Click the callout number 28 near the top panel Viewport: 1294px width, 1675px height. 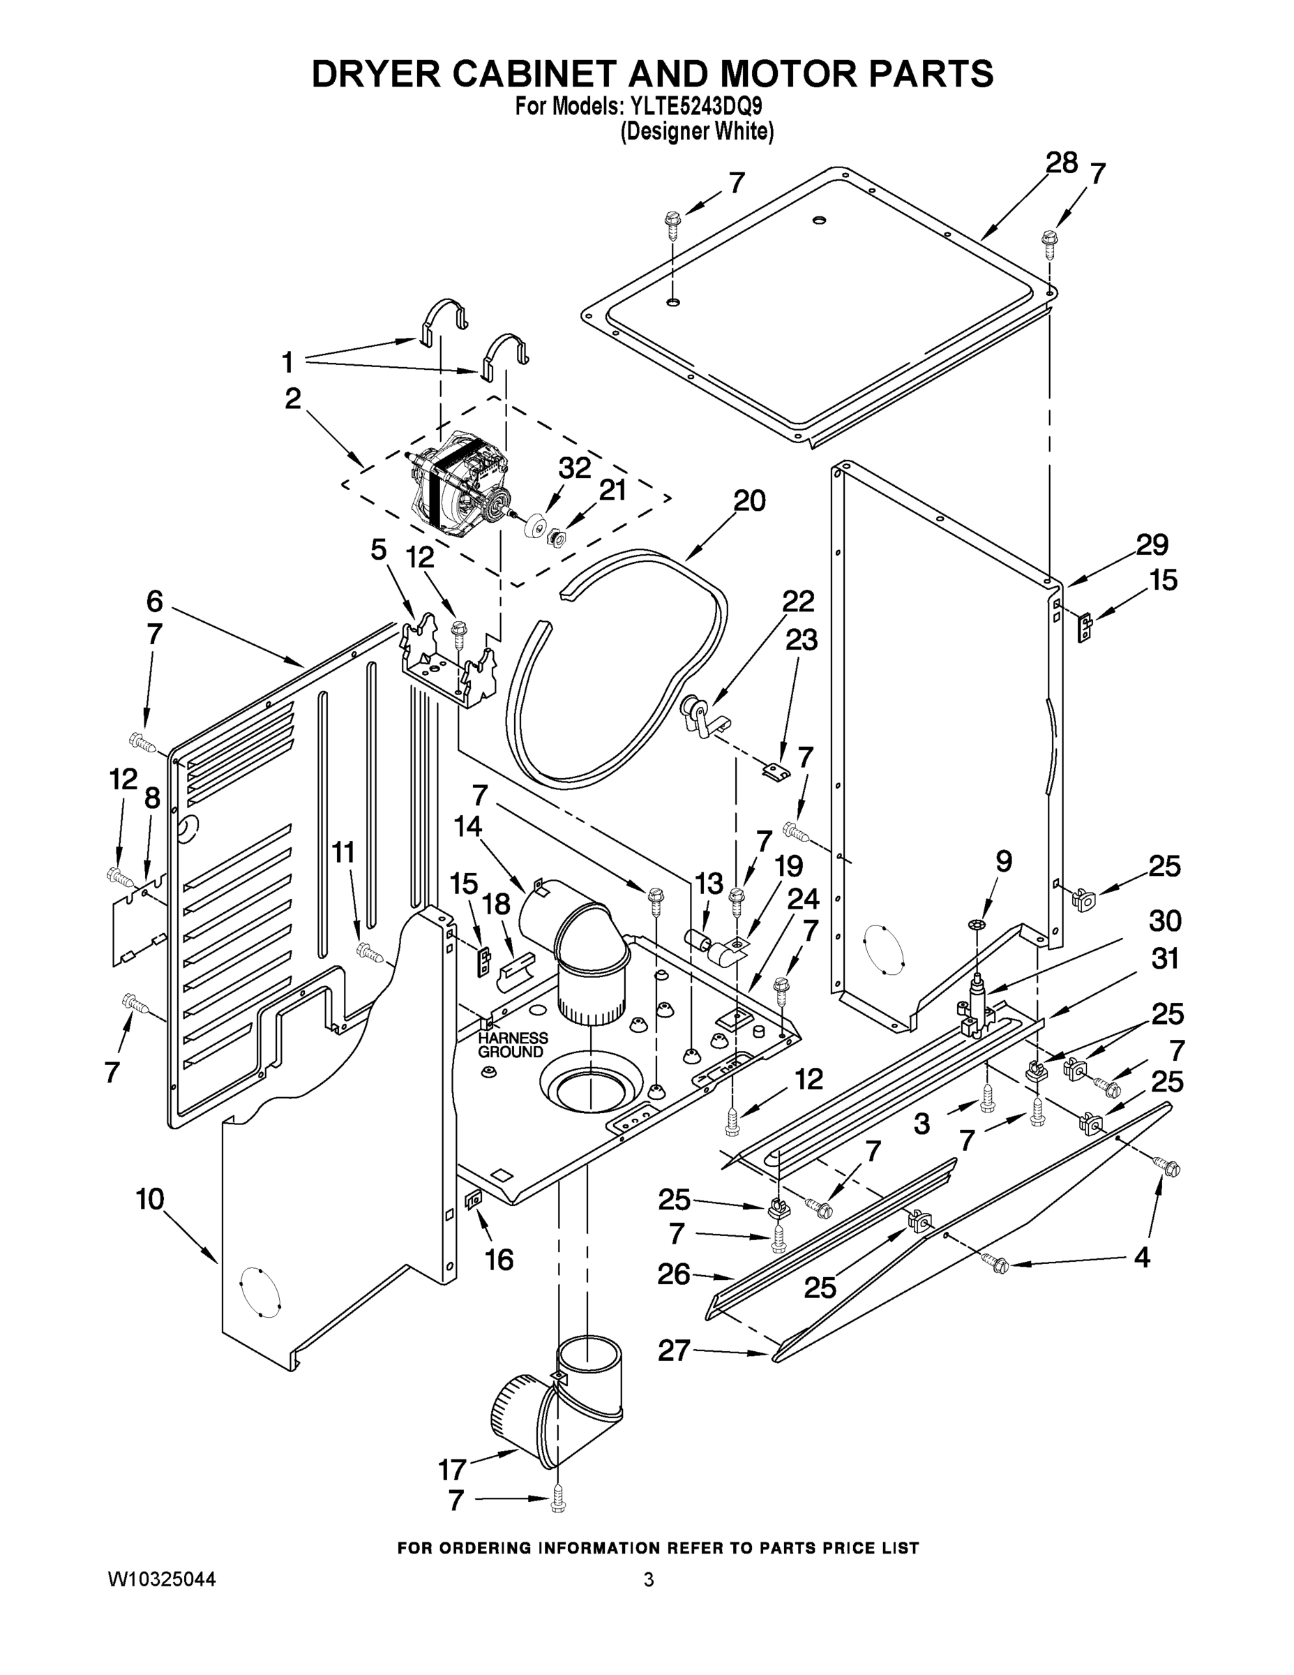coord(1061,163)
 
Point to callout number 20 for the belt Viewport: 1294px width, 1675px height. coord(748,501)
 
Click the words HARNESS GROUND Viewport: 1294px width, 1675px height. coord(512,1045)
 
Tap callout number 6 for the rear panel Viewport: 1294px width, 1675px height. coord(154,602)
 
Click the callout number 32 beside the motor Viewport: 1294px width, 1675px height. coord(575,468)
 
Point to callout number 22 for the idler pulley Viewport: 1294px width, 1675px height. coord(797,602)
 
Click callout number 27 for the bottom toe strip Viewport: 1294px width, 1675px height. coord(674,1350)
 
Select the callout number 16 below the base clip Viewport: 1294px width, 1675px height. coord(500,1259)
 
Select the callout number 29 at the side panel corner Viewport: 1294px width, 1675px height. coord(1152,544)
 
